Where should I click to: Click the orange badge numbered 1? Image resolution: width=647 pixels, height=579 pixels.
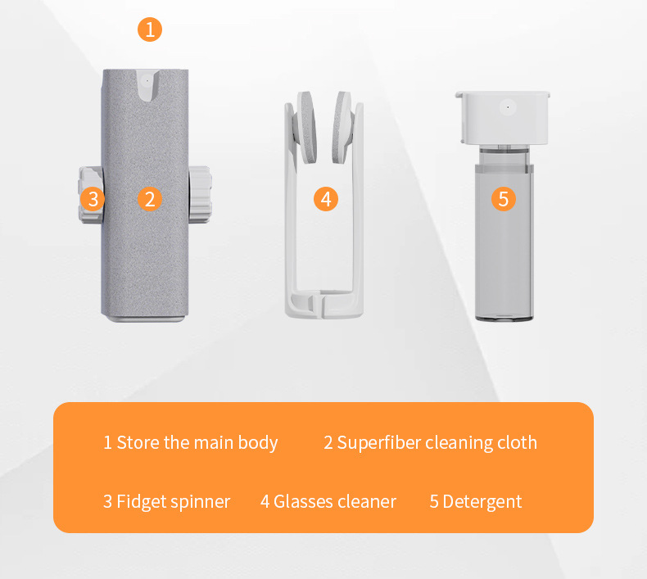click(149, 30)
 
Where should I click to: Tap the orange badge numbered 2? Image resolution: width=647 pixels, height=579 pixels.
click(149, 198)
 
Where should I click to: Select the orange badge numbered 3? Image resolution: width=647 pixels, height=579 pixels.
click(93, 198)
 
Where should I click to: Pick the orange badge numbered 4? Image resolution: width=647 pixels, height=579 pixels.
click(326, 198)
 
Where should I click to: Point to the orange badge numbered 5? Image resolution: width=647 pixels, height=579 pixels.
click(504, 198)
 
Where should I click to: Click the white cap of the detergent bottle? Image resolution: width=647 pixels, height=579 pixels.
click(503, 115)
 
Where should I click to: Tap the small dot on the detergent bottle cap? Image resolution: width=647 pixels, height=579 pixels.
click(507, 106)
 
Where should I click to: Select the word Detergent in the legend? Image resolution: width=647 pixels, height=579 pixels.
click(482, 501)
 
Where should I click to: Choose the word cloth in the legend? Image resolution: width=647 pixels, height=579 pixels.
click(517, 443)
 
